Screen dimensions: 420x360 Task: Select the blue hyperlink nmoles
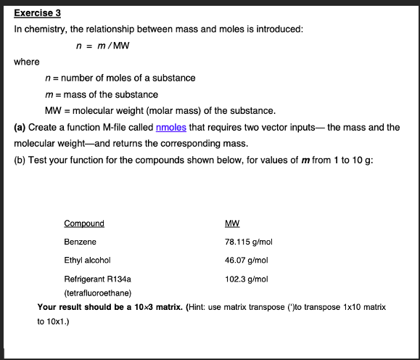(171, 127)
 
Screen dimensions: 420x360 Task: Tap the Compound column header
(84, 224)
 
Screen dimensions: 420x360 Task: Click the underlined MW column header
(233, 224)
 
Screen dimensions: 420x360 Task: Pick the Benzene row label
(80, 242)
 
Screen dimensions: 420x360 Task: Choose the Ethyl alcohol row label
(87, 260)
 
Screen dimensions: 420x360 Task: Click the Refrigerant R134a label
(97, 278)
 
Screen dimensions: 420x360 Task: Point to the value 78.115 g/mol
(249, 242)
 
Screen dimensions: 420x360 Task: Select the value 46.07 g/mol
(247, 260)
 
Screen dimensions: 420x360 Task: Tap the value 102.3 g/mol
(247, 278)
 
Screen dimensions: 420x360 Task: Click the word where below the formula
(27, 62)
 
